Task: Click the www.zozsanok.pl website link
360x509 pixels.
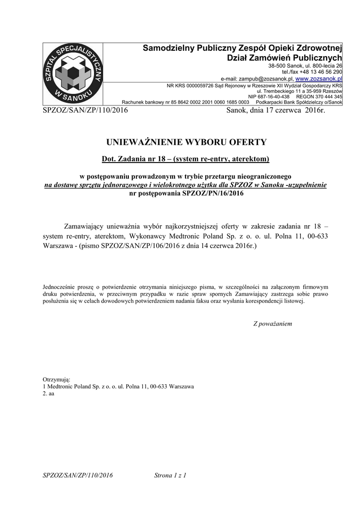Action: pos(319,79)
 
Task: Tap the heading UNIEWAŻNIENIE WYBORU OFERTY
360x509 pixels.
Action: pos(186,142)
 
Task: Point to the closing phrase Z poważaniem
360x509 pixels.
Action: pos(272,324)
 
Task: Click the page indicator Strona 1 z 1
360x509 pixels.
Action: pos(170,476)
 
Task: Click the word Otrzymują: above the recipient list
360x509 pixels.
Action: pos(57,379)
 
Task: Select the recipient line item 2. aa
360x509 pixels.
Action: pos(49,393)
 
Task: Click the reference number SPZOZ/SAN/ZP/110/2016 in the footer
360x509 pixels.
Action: pos(78,476)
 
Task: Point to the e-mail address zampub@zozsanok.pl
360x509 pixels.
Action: pos(266,79)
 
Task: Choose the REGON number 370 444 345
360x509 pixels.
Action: pos(326,96)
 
